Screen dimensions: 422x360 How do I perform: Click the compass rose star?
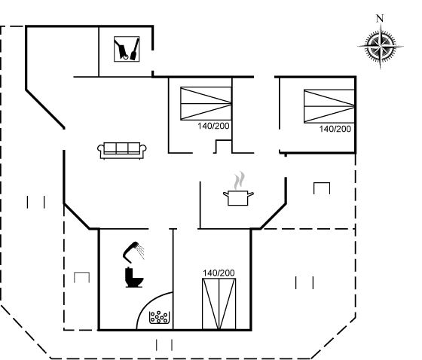point(381,46)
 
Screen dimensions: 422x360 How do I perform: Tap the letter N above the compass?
point(380,18)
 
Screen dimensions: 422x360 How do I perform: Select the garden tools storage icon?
point(127,49)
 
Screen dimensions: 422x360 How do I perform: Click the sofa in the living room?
point(122,151)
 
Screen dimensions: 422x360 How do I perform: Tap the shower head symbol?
point(130,252)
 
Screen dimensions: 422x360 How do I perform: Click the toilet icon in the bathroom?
point(134,277)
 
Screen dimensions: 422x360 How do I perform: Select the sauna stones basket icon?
point(159,317)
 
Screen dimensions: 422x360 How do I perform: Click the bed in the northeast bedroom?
point(329,106)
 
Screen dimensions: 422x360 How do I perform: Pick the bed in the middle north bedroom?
point(206,103)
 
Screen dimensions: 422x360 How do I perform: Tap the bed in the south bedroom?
point(219,304)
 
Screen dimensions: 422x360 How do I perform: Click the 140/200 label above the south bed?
point(219,273)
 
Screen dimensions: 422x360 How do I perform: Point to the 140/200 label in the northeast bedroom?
point(335,129)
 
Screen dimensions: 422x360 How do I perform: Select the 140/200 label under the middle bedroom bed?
point(213,126)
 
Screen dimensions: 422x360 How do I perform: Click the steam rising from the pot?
point(240,181)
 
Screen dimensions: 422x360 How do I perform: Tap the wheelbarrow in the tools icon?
point(121,49)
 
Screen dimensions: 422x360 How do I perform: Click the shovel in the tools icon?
point(135,49)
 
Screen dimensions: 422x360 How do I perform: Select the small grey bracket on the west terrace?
point(82,277)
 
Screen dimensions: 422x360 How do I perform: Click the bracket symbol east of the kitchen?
point(322,188)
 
